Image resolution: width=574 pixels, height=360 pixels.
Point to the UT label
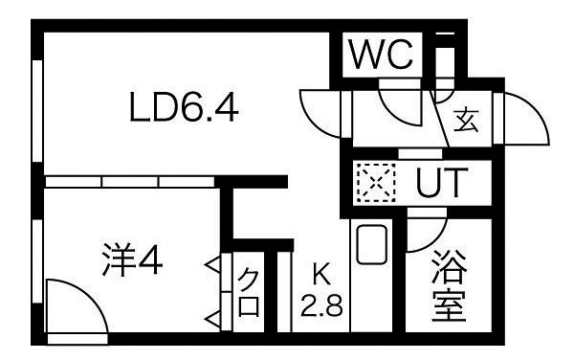[441, 183]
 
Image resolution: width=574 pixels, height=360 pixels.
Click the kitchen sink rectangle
[369, 245]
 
